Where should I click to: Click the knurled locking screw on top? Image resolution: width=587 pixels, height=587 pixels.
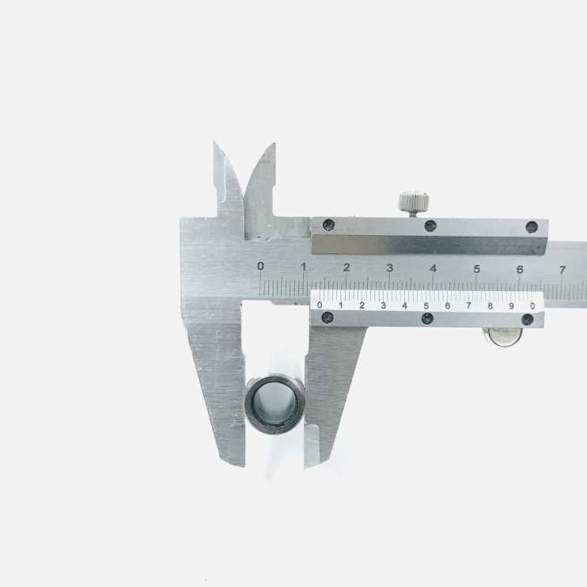(414, 203)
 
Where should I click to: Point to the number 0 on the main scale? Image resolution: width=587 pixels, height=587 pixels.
(260, 266)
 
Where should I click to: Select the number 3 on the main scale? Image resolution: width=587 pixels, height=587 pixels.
(390, 268)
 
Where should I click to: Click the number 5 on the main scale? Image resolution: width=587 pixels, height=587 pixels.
(476, 269)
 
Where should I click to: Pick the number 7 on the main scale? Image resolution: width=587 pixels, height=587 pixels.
(562, 270)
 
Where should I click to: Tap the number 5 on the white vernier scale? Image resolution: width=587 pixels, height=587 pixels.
(426, 305)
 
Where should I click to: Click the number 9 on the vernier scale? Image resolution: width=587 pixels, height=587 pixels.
(511, 306)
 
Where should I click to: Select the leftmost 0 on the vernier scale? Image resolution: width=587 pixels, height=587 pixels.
(320, 305)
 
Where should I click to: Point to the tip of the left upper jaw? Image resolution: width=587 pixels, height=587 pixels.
(214, 142)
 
